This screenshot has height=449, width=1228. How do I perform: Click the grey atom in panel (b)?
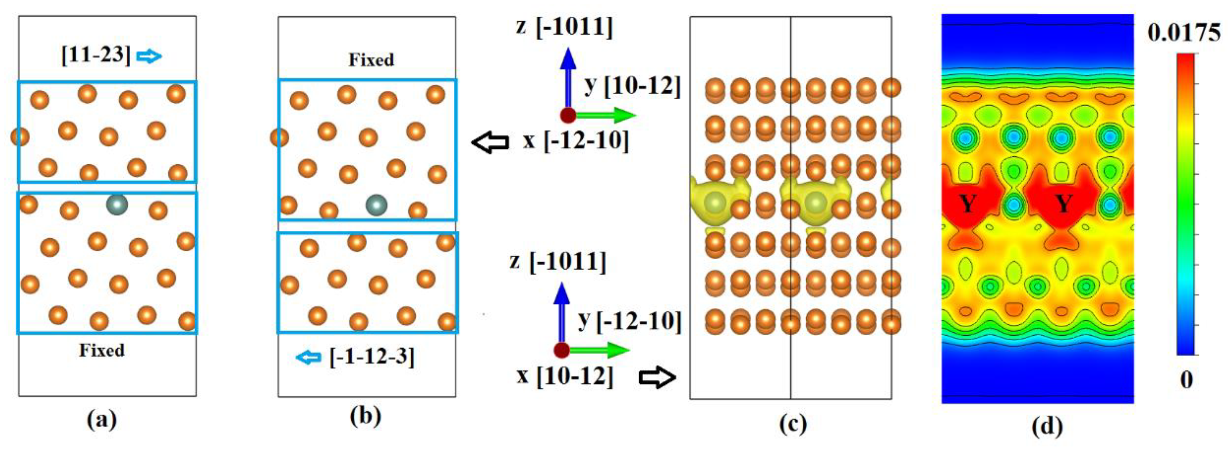376,205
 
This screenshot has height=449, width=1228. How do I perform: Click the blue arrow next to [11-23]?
149,57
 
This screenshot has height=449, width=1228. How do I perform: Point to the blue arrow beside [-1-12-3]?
308,357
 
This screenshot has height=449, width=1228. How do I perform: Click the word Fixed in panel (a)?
101,351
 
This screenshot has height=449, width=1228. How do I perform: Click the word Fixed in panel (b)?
371,60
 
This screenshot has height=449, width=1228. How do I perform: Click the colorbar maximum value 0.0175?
1184,33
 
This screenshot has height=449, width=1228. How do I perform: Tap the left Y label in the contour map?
967,204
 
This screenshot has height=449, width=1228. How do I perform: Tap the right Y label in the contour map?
1063,204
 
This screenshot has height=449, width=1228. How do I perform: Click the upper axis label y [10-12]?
632,86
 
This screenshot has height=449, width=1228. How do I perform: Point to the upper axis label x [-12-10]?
575,141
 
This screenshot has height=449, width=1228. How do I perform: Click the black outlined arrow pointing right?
657,378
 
